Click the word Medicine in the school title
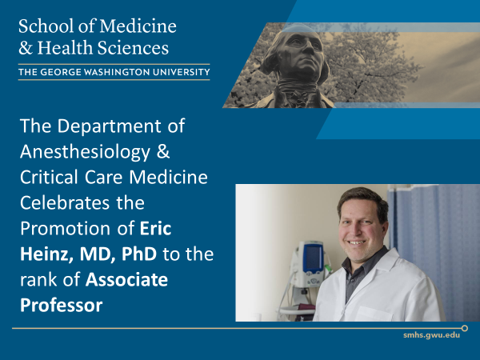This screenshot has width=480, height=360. [x=139, y=26]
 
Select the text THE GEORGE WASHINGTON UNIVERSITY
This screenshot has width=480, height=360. [x=114, y=73]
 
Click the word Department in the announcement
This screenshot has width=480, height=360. [x=111, y=127]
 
